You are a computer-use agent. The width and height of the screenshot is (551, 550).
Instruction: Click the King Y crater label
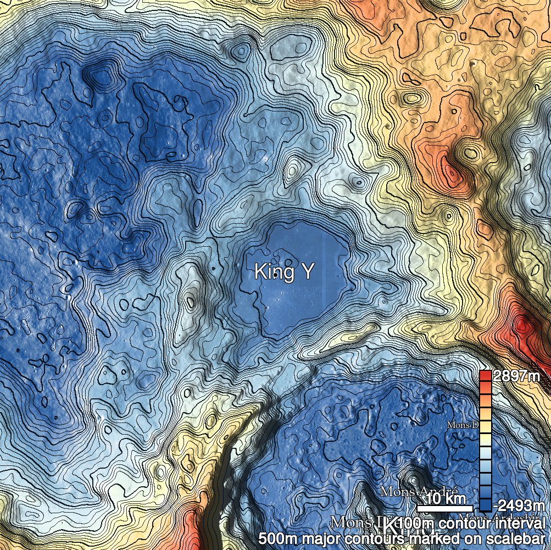[x=282, y=271]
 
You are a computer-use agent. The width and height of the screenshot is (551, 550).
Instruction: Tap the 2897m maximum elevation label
[x=516, y=376]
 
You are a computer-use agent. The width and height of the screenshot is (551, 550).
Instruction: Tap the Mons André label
[x=419, y=490]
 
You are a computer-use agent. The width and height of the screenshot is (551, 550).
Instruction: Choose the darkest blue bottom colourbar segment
[x=485, y=505]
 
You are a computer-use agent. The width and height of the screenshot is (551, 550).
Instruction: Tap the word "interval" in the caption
[x=522, y=524]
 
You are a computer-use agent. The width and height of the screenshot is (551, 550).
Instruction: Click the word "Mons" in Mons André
[x=399, y=490]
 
